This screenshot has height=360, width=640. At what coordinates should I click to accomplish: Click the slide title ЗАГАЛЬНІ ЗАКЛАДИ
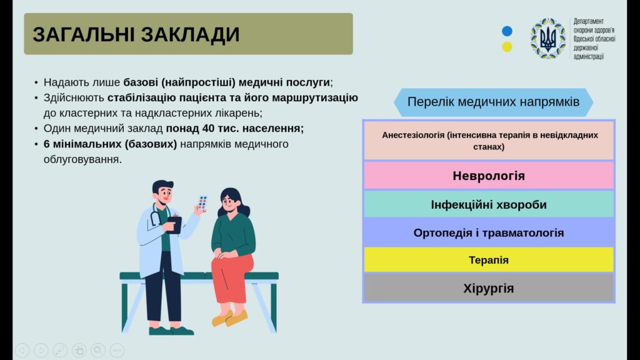tap(136, 34)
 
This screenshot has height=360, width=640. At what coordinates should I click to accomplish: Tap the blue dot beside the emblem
tap(507, 31)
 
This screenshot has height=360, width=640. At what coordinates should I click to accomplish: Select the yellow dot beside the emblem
tap(507, 46)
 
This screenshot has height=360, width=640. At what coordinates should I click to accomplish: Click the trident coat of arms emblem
tap(548, 38)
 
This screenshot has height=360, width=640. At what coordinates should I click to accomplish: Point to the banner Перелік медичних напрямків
tap(493, 102)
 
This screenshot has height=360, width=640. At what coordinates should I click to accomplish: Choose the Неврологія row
tap(489, 176)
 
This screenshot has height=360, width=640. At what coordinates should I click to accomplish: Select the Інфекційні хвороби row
tap(489, 204)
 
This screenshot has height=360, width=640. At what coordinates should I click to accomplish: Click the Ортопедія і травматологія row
tap(489, 232)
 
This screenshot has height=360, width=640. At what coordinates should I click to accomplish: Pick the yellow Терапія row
tap(489, 259)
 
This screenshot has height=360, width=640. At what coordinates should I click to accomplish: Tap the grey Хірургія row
tap(489, 288)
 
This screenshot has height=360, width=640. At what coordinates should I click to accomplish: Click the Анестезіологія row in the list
tap(489, 141)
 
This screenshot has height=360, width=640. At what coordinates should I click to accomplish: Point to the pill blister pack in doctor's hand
tap(202, 203)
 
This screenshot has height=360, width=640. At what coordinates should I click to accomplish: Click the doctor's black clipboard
tap(175, 224)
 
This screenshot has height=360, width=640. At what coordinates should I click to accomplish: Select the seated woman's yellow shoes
tap(230, 318)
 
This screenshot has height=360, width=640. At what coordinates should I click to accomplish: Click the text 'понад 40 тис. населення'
tap(235, 129)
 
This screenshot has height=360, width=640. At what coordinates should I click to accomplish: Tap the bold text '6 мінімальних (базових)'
tap(110, 144)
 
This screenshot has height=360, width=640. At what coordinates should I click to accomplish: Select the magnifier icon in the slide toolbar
tap(98, 350)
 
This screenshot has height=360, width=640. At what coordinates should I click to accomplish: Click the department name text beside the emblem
tap(594, 39)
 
